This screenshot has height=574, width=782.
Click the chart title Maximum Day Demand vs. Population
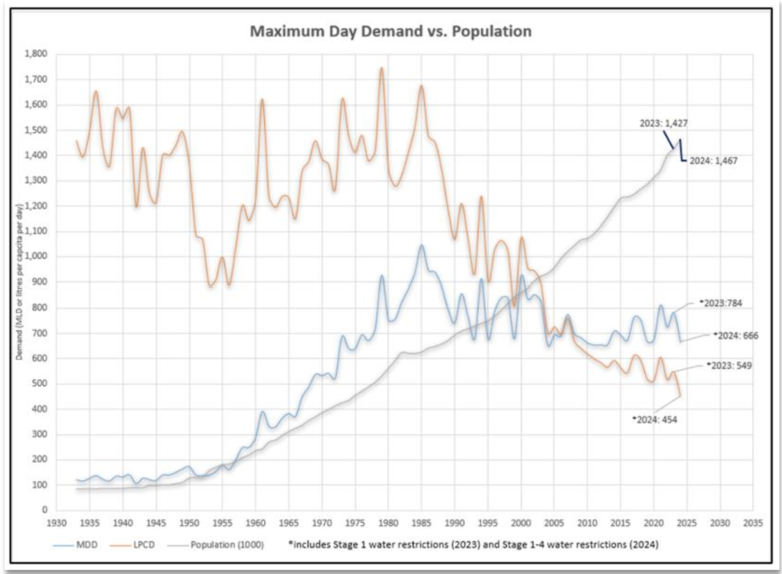point(390,31)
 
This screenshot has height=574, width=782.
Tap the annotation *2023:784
point(722,301)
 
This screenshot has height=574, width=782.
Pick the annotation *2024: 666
point(735,335)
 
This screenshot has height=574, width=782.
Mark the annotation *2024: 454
point(655,418)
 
